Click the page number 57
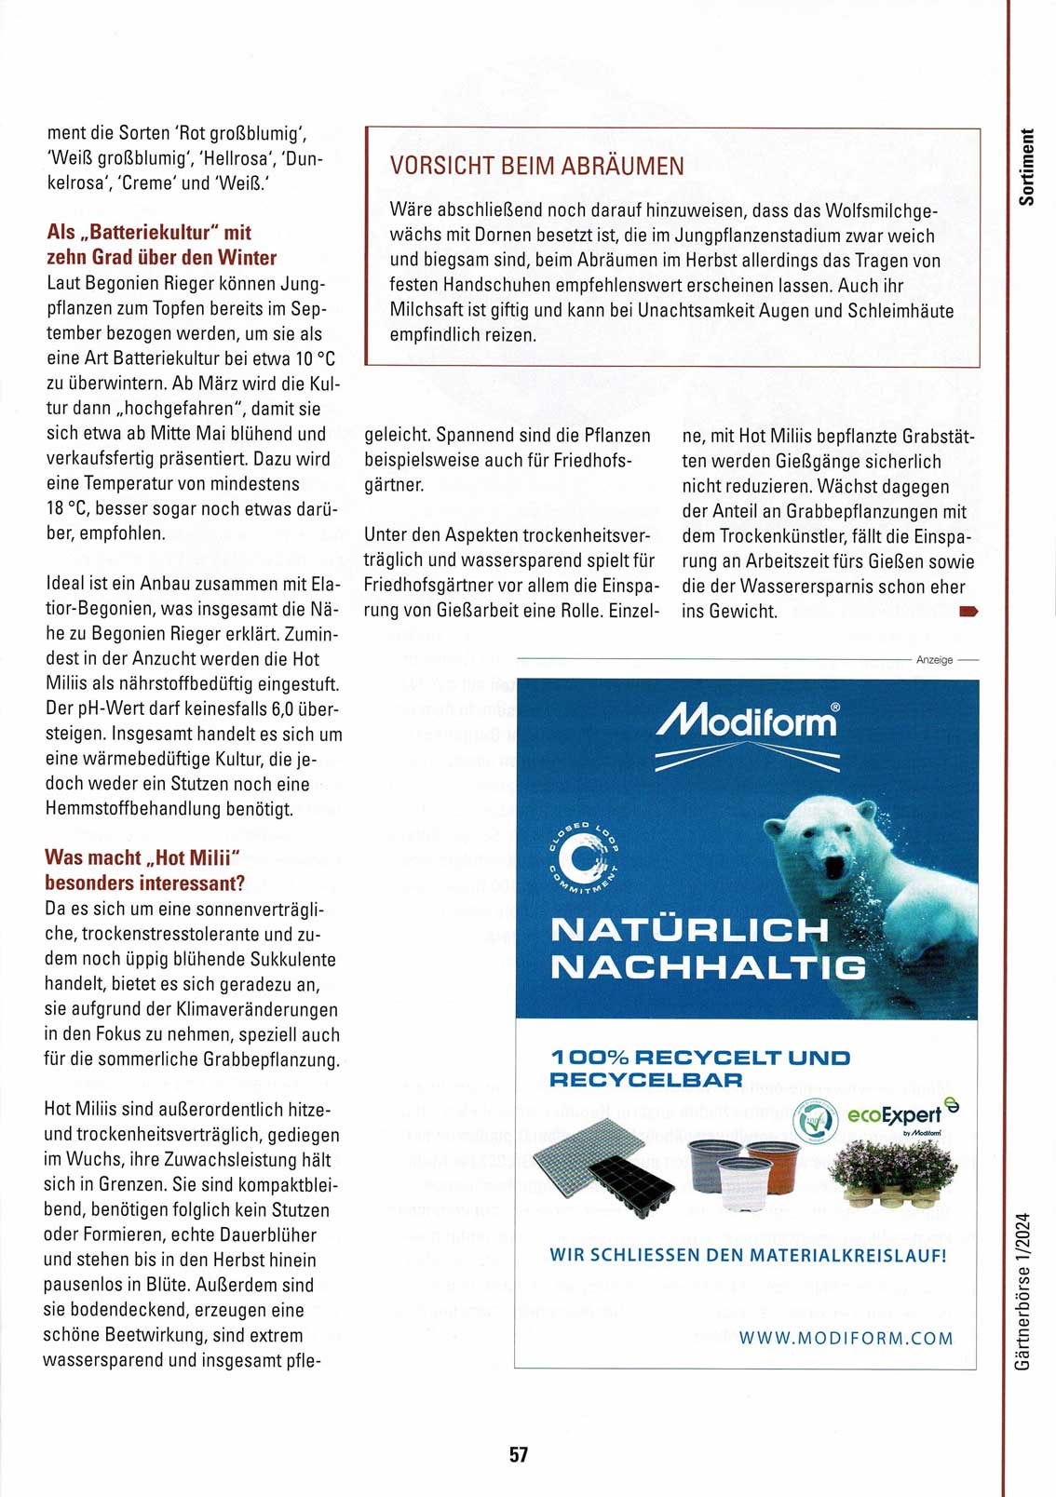519,1454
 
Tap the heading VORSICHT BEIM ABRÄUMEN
537,167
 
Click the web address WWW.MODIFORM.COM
846,1338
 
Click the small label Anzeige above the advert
934,660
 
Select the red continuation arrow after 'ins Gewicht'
968,612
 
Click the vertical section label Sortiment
1026,168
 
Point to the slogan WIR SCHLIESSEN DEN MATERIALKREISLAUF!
748,1255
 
